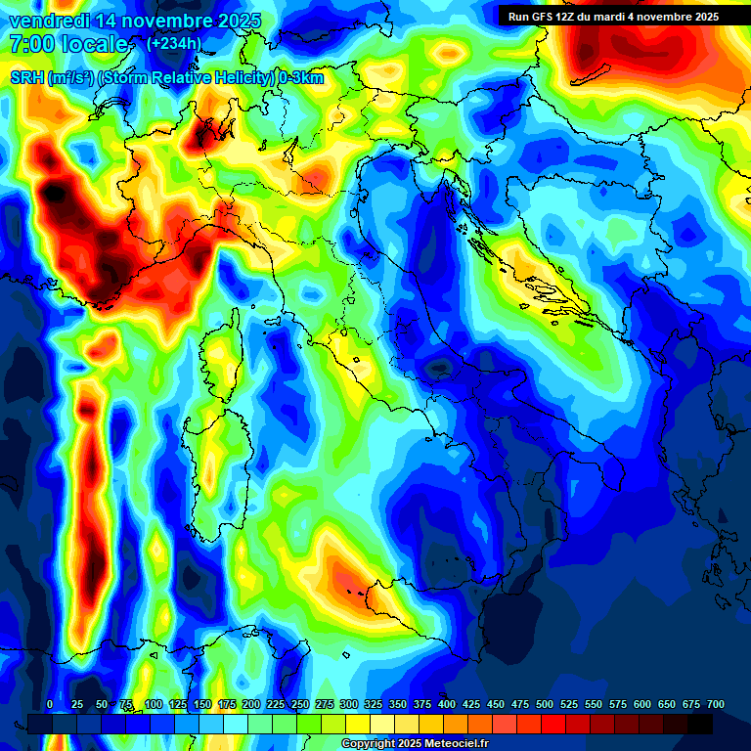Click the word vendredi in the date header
click(46, 21)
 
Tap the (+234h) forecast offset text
click(173, 43)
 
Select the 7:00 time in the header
click(30, 44)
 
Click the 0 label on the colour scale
click(50, 705)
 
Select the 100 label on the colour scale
click(154, 705)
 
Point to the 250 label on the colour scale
click(300, 705)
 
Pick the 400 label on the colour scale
click(447, 705)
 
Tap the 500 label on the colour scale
click(545, 705)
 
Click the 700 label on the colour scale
click(716, 705)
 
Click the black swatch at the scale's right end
click(700, 724)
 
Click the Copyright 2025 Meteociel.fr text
click(416, 744)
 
